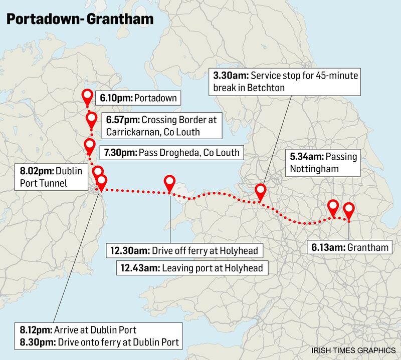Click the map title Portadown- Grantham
point(80,21)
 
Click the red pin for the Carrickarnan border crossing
point(91,119)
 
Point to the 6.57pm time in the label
point(122,120)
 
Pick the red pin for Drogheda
point(90,146)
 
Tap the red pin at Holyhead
point(170,183)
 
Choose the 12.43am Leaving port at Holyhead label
point(191,268)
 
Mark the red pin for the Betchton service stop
point(260,191)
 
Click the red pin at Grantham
point(347,209)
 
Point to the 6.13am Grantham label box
point(342,247)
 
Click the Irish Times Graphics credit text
point(353,347)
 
